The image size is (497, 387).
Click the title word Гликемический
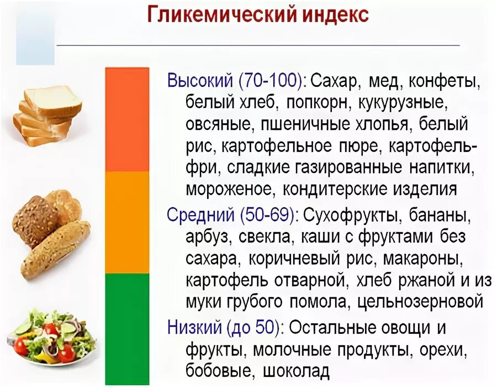coord(218,15)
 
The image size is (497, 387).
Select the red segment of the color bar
coord(128,119)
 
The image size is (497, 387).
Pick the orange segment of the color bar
coord(128,222)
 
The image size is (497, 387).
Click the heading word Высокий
coord(200,81)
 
